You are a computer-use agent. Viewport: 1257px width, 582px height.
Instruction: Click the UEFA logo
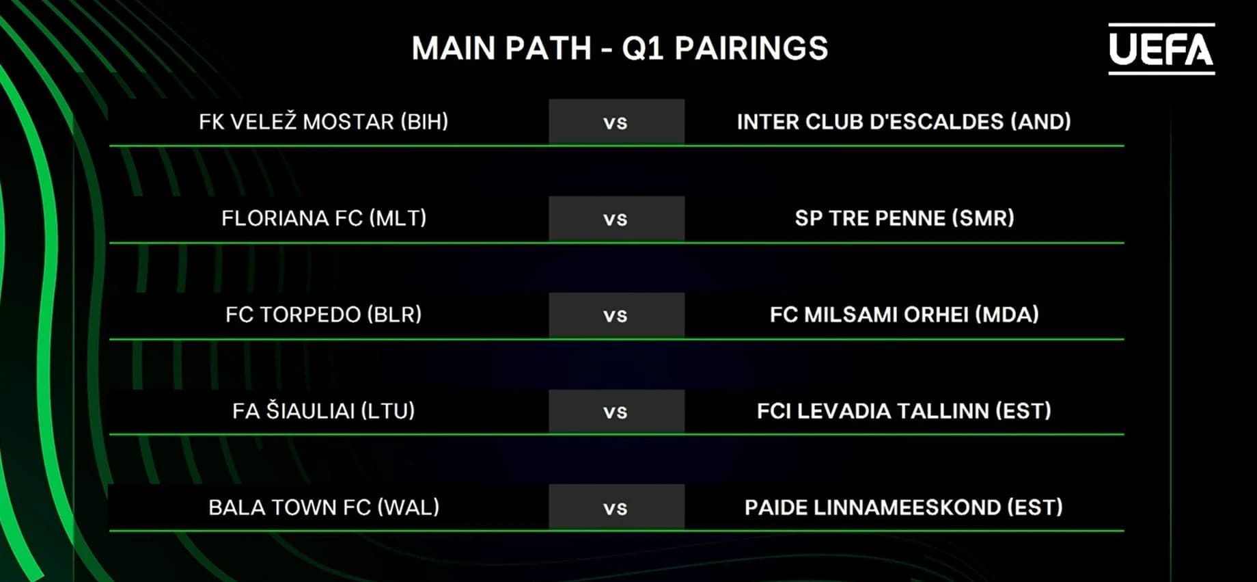pyautogui.click(x=1161, y=49)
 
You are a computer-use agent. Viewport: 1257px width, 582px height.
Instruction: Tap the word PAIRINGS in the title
pyautogui.click(x=751, y=49)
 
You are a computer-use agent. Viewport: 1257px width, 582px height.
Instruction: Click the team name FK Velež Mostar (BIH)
pyautogui.click(x=324, y=122)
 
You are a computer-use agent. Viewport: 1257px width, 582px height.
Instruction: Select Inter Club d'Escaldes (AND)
pyautogui.click(x=904, y=122)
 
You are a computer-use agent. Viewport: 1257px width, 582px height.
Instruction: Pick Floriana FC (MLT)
pyautogui.click(x=324, y=218)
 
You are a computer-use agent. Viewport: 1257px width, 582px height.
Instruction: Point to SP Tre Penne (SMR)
pyautogui.click(x=904, y=218)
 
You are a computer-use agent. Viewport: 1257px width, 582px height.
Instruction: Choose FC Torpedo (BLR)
pyautogui.click(x=324, y=315)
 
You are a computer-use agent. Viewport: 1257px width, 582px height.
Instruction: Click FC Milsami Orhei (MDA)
pyautogui.click(x=904, y=315)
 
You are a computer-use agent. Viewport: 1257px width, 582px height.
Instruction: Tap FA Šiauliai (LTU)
pyautogui.click(x=324, y=411)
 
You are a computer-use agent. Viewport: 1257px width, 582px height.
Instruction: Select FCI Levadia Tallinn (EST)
pyautogui.click(x=904, y=411)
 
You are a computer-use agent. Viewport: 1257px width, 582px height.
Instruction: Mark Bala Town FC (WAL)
pyautogui.click(x=324, y=507)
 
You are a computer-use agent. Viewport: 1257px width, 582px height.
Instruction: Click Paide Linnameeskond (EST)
pyautogui.click(x=904, y=507)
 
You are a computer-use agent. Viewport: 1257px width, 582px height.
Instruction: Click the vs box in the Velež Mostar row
pyautogui.click(x=616, y=122)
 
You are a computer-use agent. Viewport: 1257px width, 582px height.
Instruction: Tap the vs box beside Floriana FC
pyautogui.click(x=616, y=219)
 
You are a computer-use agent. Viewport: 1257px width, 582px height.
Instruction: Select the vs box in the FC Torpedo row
pyautogui.click(x=616, y=315)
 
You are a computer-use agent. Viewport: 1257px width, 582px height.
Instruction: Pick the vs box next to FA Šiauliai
pyautogui.click(x=616, y=412)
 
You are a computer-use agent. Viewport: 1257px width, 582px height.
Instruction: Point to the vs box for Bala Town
pyautogui.click(x=616, y=507)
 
